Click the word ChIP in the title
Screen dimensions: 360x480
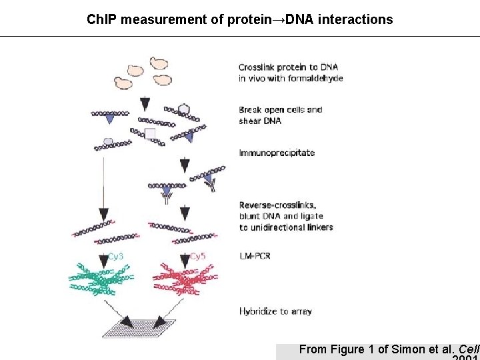99,19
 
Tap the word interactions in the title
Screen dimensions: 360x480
356,19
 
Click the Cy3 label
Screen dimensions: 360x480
115,256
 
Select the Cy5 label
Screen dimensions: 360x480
198,256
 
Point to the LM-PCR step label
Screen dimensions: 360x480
255,256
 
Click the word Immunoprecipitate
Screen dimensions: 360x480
277,153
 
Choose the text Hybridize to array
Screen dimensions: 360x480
275,311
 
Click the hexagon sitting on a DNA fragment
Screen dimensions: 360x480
185,109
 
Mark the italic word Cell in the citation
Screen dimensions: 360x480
469,349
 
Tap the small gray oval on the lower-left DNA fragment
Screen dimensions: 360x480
109,141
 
